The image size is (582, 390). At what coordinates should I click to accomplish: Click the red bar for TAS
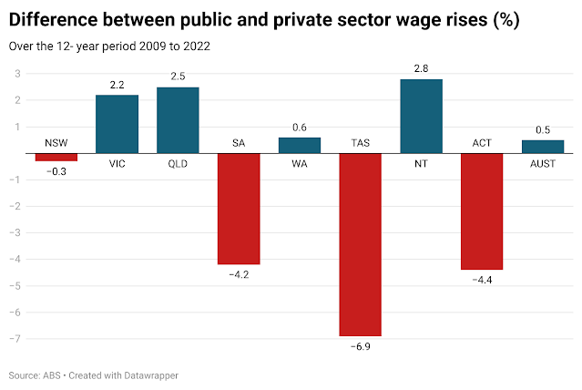(x=360, y=244)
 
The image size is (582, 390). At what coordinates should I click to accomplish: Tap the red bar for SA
(x=239, y=209)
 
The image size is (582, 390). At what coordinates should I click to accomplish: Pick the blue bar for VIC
(x=117, y=124)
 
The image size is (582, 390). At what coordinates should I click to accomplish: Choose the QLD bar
(x=178, y=120)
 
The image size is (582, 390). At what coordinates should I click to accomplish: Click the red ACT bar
(x=482, y=211)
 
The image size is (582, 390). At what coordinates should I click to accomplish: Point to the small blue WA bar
(x=300, y=145)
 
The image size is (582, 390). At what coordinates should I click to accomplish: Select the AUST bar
(x=543, y=147)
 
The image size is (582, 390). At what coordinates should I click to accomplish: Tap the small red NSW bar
(x=56, y=157)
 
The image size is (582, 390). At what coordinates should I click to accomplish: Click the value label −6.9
(x=360, y=347)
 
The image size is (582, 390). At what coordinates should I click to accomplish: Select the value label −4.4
(x=482, y=281)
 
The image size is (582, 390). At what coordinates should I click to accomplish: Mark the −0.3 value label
(x=56, y=171)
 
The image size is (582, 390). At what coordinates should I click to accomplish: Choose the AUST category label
(x=543, y=164)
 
